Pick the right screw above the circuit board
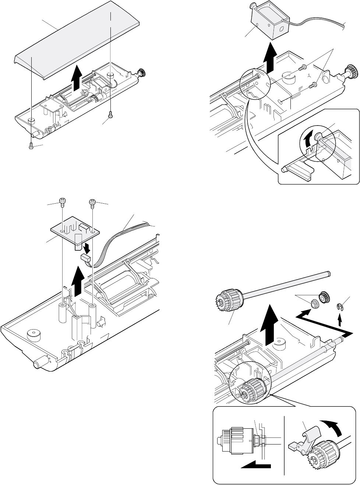coord(92,202)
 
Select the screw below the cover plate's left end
coord(31,145)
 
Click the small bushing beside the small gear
coord(315,304)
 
